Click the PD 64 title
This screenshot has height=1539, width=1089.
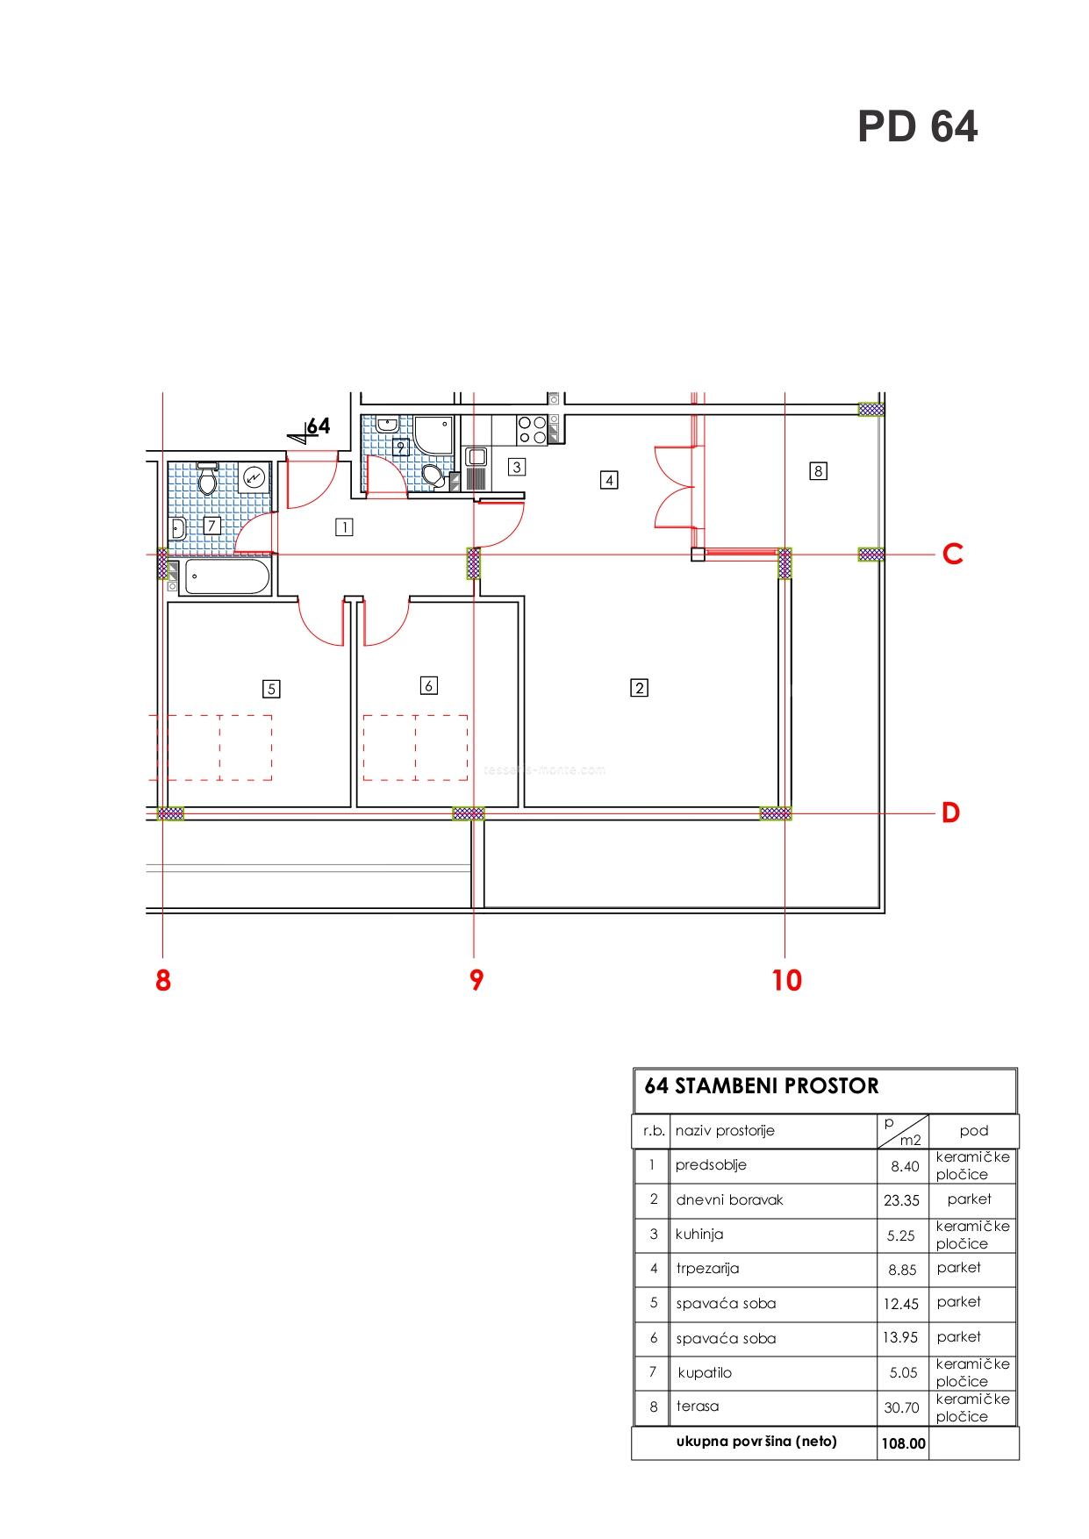coord(917,126)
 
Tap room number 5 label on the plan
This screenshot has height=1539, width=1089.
coord(271,689)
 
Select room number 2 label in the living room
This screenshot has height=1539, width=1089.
coord(639,688)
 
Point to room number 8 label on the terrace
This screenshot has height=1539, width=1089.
coord(818,471)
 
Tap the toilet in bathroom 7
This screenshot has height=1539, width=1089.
coord(209,478)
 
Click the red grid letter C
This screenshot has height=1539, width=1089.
coord(952,555)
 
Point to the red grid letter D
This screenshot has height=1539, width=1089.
coord(951,813)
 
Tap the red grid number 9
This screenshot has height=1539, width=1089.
coord(476,980)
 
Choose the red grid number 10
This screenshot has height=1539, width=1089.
coord(787,980)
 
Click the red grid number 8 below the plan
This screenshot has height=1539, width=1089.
coord(163,980)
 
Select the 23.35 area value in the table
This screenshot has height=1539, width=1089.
coord(901,1201)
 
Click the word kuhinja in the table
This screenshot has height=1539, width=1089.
coord(699,1235)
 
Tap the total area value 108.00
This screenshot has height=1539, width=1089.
coord(903,1443)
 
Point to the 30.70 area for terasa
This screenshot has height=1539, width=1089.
coord(902,1408)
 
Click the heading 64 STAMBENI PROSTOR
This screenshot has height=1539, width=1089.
coord(761,1086)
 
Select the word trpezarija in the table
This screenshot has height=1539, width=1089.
coord(707,1269)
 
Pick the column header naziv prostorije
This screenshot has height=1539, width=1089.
coord(725,1131)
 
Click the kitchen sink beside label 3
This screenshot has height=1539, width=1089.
coord(476,457)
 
